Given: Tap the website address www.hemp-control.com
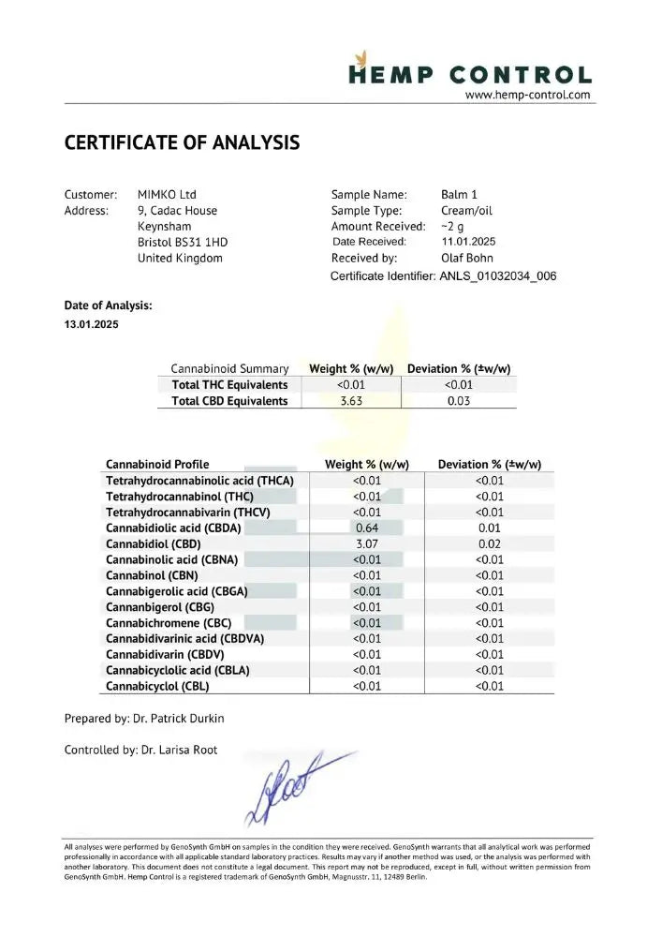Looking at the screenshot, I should pyautogui.click(x=528, y=95).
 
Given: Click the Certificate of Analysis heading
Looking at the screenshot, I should pyautogui.click(x=182, y=143).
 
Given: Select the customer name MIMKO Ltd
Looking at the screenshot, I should pyautogui.click(x=167, y=194).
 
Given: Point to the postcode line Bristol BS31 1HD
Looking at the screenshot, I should pyautogui.click(x=182, y=242).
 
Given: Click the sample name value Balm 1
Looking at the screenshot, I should pyautogui.click(x=459, y=194).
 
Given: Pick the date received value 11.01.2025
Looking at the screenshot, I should pyautogui.click(x=468, y=242).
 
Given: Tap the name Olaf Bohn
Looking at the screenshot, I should pyautogui.click(x=466, y=258).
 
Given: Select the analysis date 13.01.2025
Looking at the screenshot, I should pyautogui.click(x=92, y=325).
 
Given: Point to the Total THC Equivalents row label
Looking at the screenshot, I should pyautogui.click(x=229, y=384).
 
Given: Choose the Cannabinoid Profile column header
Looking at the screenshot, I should pyautogui.click(x=157, y=464).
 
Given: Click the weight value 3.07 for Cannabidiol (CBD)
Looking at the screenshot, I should pyautogui.click(x=366, y=543).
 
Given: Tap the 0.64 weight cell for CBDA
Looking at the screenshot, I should pyautogui.click(x=366, y=528).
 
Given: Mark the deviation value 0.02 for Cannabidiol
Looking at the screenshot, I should pyautogui.click(x=489, y=543).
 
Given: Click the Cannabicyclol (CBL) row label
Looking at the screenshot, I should pyautogui.click(x=157, y=686).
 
